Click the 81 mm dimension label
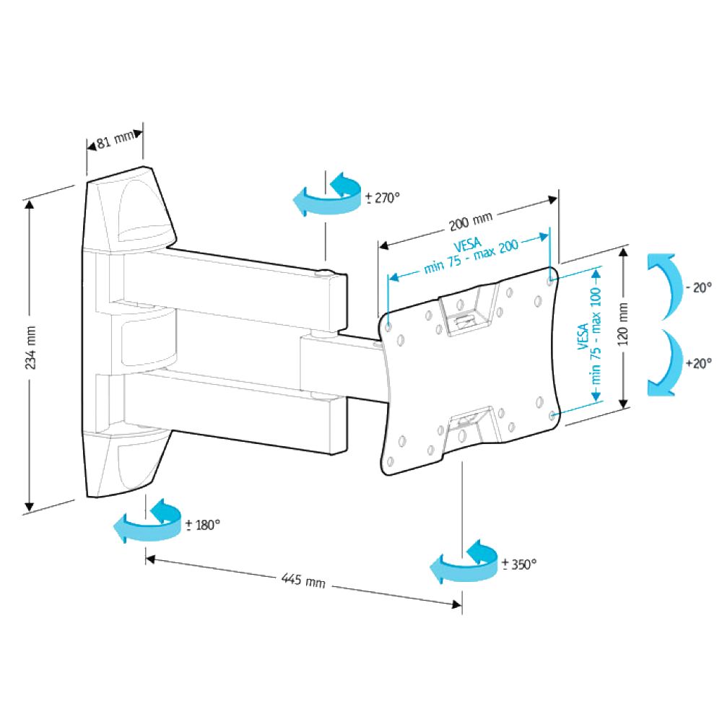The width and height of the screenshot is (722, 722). pos(115,137)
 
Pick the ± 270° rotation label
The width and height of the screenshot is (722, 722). pos(382,197)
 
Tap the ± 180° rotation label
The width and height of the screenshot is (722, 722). pos(202,525)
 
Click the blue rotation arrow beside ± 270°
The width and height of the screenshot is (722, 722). pos(329,195)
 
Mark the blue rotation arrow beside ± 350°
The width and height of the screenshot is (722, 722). pos(466,562)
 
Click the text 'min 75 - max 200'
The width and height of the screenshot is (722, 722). pos(472,258)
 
